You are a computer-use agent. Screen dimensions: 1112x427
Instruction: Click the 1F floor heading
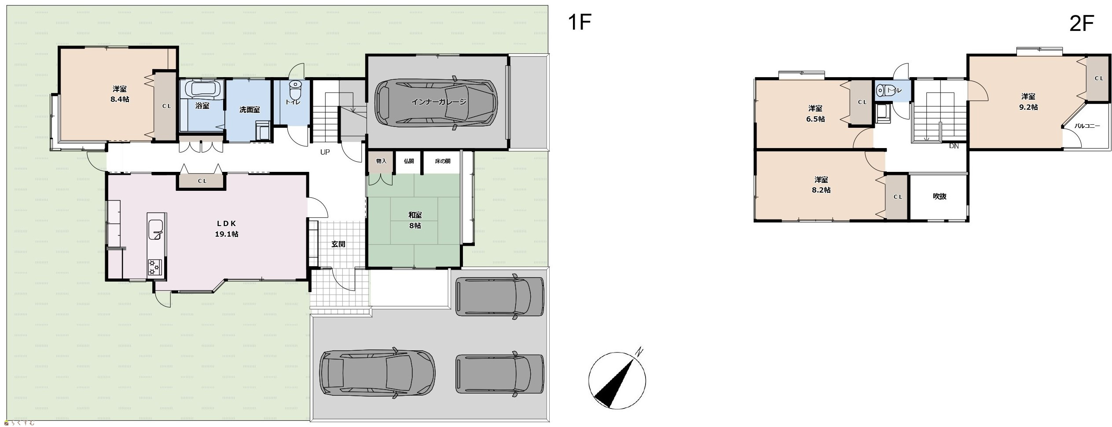(579, 22)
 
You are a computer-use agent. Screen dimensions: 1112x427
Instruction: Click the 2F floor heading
(1081, 24)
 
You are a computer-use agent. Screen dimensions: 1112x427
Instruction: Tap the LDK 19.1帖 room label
(226, 229)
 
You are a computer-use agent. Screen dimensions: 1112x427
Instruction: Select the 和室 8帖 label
(415, 220)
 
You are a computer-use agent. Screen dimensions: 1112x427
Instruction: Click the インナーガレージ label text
(438, 102)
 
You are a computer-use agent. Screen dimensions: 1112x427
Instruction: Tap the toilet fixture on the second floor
(881, 90)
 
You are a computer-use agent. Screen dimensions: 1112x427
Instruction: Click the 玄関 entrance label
(338, 244)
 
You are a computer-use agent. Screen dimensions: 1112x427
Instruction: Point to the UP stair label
(325, 152)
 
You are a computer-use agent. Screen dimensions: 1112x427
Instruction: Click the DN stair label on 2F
(954, 146)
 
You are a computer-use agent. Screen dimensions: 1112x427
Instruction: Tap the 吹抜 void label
(940, 197)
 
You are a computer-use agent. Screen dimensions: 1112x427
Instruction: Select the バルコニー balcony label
(1087, 126)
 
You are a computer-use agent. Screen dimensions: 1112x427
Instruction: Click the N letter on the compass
(639, 352)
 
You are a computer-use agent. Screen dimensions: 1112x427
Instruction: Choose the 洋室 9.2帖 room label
(1028, 101)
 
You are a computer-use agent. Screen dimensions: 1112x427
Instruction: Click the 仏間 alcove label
(409, 161)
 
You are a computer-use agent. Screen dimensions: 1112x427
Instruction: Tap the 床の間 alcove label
(443, 161)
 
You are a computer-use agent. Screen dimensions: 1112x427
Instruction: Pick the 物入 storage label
(381, 161)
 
